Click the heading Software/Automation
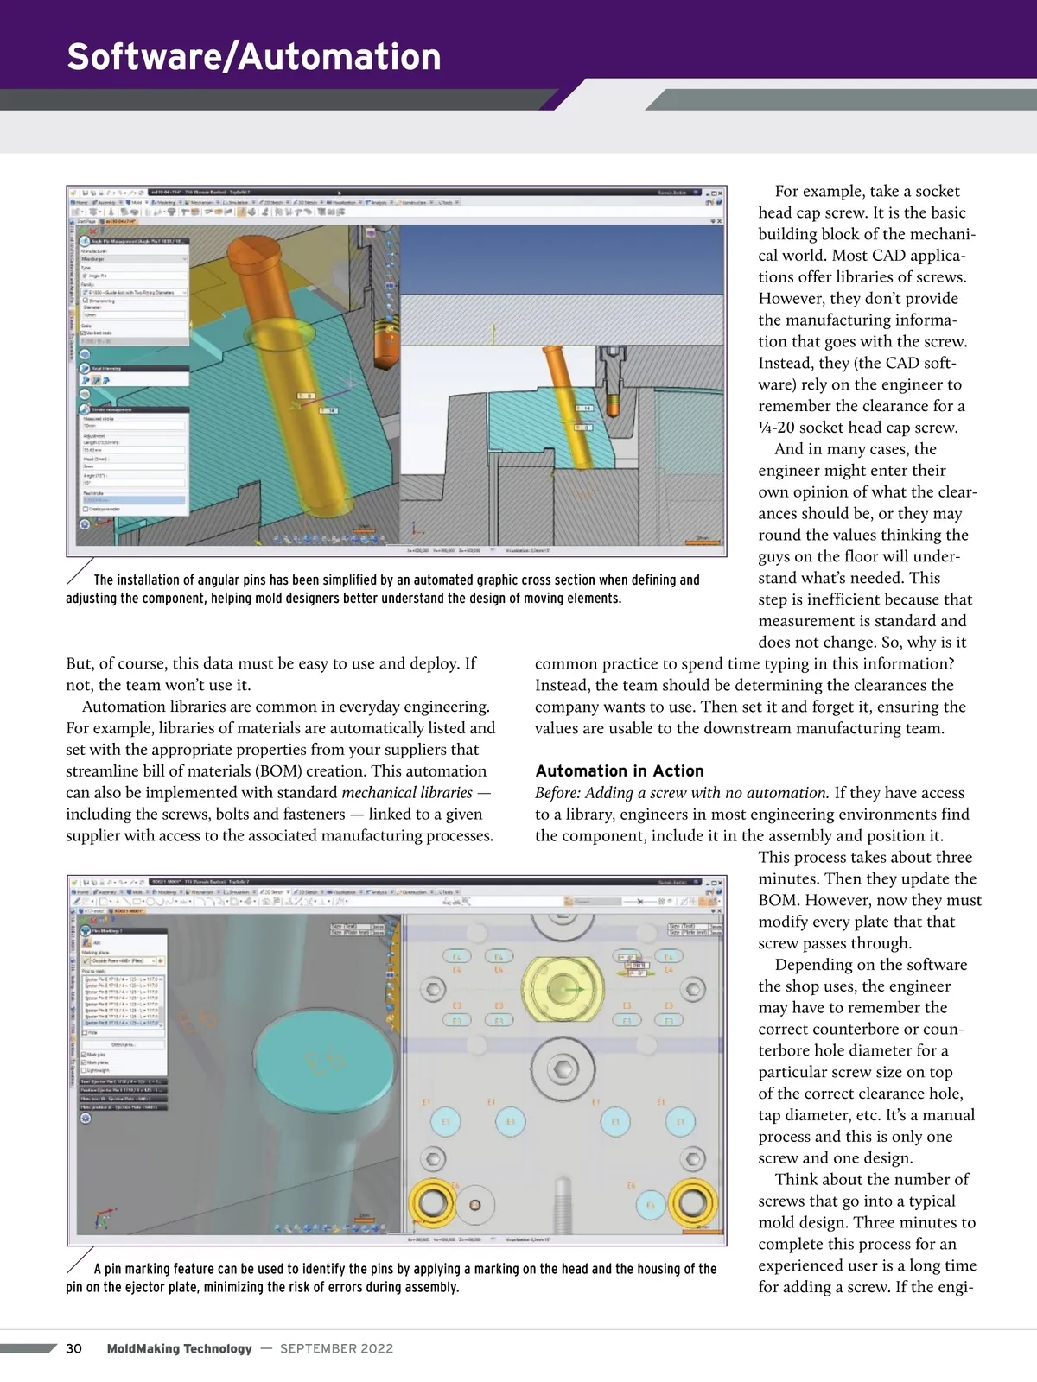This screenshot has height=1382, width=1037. click(254, 57)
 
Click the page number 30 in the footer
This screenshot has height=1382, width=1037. click(74, 1348)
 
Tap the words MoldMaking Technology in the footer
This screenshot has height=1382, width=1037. click(180, 1348)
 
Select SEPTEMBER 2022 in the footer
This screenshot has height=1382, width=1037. click(336, 1348)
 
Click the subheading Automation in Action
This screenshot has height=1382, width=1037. click(620, 771)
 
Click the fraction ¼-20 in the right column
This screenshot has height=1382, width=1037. click(779, 428)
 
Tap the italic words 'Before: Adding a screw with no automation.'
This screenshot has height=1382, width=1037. click(682, 793)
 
